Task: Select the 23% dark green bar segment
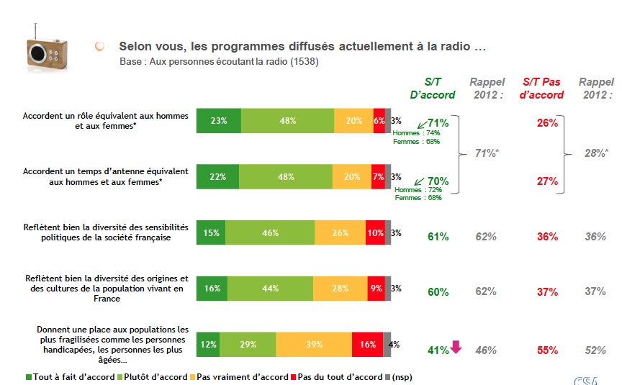pyautogui.click(x=219, y=121)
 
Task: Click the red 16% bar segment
pyautogui.click(x=367, y=344)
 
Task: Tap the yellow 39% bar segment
pyautogui.click(x=313, y=344)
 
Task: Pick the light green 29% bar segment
pyautogui.click(x=247, y=344)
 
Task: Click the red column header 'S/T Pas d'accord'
pyautogui.click(x=541, y=88)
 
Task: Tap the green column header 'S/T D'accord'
pyautogui.click(x=433, y=88)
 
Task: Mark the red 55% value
pyautogui.click(x=547, y=350)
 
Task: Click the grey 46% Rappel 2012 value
pyautogui.click(x=486, y=350)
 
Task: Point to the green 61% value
pyautogui.click(x=438, y=237)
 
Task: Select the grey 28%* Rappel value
pyautogui.click(x=595, y=153)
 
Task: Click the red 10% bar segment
pyautogui.click(x=375, y=233)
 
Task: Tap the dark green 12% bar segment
pyautogui.click(x=208, y=344)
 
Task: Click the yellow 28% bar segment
pyautogui.click(x=341, y=289)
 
